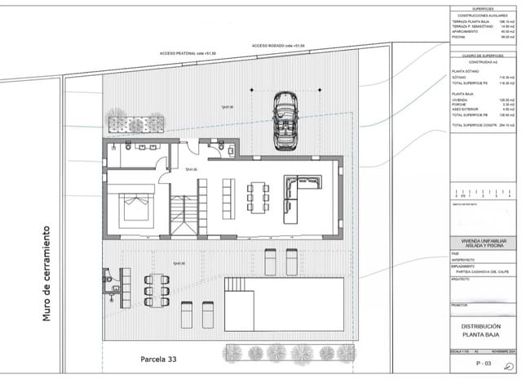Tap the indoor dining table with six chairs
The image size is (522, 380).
coord(259,197)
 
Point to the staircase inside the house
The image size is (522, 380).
coord(184,217)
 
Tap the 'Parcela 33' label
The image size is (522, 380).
coord(157,359)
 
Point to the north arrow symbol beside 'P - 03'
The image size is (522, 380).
coord(509,366)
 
